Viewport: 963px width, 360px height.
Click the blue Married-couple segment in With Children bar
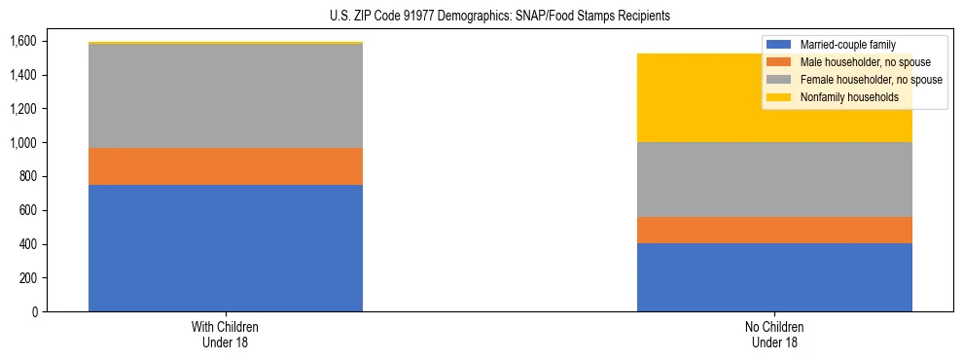coord(226,248)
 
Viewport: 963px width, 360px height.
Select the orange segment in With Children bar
coord(226,166)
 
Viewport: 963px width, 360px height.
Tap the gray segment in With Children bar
coord(226,96)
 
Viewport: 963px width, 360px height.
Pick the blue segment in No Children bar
coord(774,277)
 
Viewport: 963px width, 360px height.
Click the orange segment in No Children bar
coord(774,230)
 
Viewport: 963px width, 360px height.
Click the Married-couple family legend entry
coord(847,45)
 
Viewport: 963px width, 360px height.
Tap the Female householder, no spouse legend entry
coord(868,80)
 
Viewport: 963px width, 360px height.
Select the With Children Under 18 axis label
coord(226,335)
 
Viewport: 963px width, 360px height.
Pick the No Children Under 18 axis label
coord(774,335)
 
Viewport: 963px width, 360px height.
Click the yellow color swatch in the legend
coord(779,97)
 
